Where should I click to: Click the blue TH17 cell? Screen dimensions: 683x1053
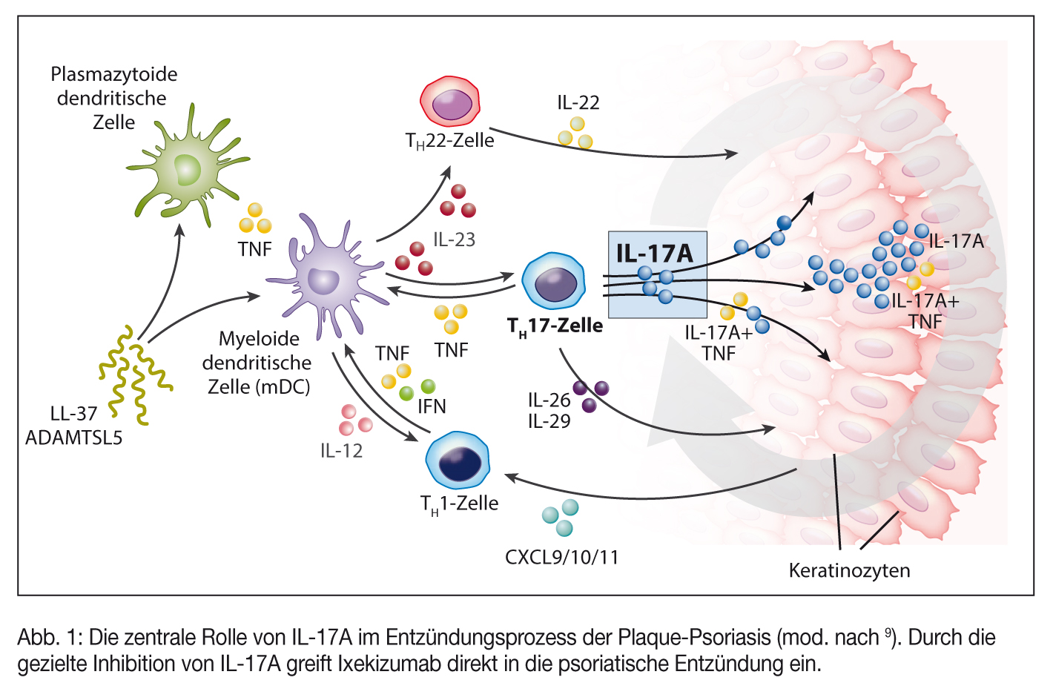coord(553,283)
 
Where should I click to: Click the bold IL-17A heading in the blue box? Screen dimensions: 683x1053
coord(654,254)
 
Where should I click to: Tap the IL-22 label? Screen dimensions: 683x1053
coord(578,102)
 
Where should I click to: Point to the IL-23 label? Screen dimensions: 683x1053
coord(454,240)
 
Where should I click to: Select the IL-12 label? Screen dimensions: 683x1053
coord(341,450)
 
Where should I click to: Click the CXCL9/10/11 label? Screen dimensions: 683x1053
coord(561,557)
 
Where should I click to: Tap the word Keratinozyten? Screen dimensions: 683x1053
coord(849,570)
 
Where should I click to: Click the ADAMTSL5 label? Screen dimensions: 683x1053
coord(73,438)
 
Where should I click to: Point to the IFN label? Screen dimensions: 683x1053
coord(432,406)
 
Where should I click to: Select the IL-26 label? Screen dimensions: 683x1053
coord(549,400)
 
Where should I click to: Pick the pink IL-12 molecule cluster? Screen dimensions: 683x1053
coord(354,420)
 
